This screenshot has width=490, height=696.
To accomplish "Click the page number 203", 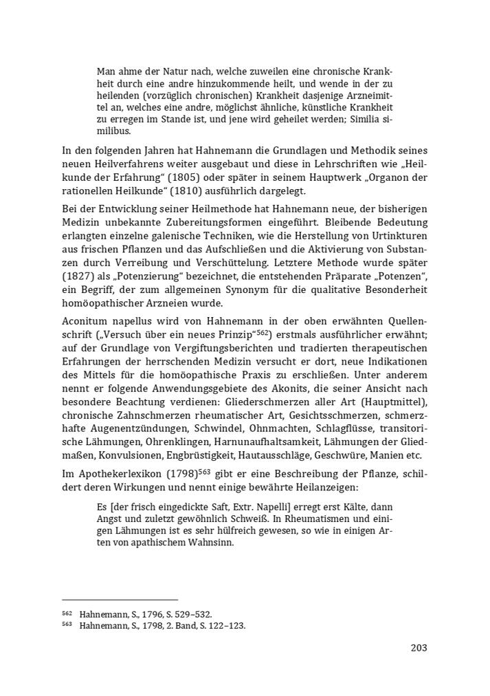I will coord(419,647).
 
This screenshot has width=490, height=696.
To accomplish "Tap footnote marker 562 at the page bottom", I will coord(67,612).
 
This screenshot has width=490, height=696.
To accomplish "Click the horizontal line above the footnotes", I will coord(120,600).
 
